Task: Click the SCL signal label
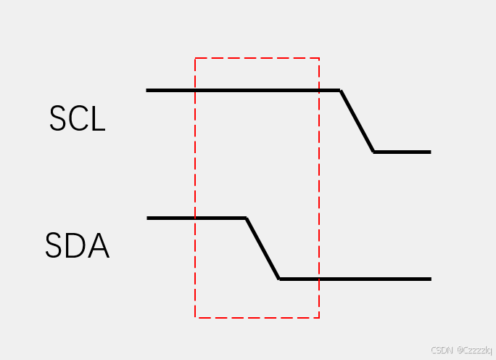78,119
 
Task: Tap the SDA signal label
77,247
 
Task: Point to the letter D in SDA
76,247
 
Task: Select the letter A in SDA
98,247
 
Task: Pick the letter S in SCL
57,119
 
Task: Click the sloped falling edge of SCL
357,121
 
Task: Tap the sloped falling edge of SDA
263,248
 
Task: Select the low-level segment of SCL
402,152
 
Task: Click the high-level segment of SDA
196,218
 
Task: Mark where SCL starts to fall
340,91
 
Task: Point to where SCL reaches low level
373,152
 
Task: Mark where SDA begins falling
246,218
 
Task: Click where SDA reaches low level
279,279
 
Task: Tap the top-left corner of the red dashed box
195,58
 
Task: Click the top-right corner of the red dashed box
319,58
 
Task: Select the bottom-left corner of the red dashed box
195,317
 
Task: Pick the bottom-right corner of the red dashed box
319,317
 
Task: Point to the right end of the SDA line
431,279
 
